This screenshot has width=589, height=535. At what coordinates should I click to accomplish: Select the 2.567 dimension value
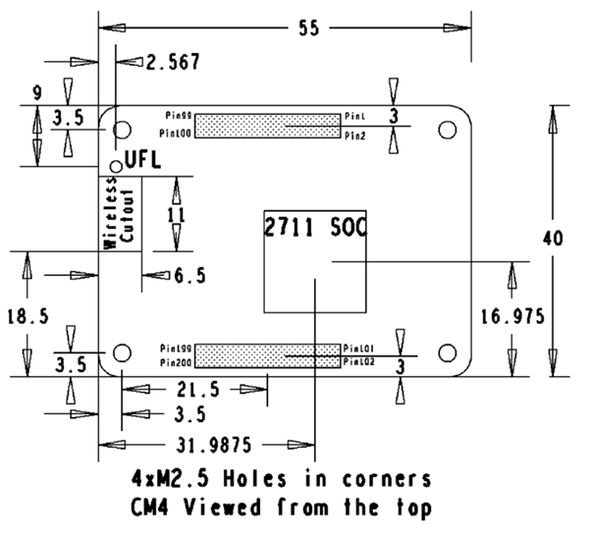click(173, 62)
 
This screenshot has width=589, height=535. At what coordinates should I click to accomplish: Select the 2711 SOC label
click(314, 229)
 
